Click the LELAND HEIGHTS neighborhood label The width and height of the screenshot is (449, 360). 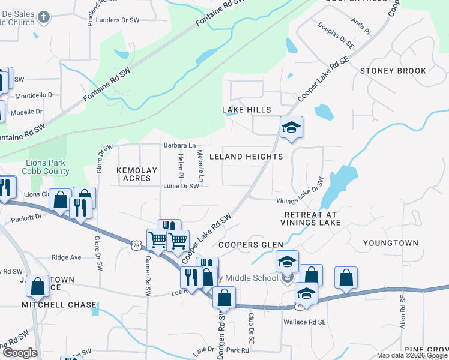click(246, 157)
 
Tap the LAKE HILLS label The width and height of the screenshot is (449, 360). click(247, 110)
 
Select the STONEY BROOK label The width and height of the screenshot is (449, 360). click(393, 71)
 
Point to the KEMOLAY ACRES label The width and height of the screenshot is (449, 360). click(137, 175)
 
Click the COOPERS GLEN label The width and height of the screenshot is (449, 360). click(250, 245)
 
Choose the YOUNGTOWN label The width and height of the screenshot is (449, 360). click(391, 243)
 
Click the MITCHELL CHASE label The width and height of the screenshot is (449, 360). click(59, 305)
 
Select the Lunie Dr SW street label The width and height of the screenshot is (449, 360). click(181, 187)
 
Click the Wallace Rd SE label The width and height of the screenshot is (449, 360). click(304, 322)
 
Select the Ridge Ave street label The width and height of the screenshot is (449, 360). click(66, 257)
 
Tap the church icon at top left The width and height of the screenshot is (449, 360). click(43, 17)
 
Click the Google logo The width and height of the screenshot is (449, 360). click(20, 353)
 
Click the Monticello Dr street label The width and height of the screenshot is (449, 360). click(35, 95)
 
